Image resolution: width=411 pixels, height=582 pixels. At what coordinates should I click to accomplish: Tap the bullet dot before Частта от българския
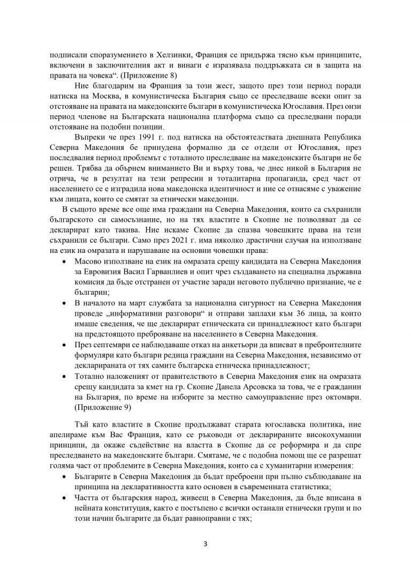[65, 488]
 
